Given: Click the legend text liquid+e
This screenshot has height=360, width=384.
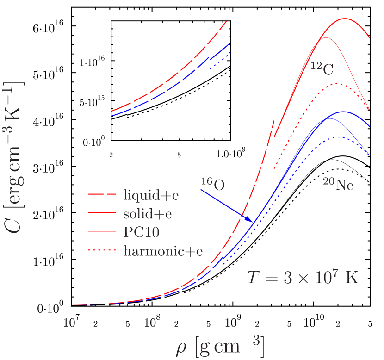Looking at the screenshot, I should pos(151,195).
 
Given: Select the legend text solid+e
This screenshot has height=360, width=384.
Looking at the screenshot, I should pos(148,214).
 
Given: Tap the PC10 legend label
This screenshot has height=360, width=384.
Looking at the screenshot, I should pos(141,232).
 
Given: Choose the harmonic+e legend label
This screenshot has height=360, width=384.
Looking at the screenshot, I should pos(163,251).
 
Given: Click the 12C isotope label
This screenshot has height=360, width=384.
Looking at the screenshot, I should pos(322,68).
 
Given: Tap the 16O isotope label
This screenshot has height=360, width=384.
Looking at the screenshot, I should pos(213,184).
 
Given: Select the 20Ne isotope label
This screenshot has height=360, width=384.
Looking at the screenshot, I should pos(338,184).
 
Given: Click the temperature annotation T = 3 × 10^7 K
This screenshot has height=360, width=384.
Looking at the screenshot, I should pos(303,278).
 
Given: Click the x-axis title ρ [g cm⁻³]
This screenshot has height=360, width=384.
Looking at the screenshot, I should pos(220,347).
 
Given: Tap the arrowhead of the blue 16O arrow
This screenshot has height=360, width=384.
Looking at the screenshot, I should pos(252,221).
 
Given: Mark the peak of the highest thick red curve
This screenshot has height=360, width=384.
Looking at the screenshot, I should pos(345,19).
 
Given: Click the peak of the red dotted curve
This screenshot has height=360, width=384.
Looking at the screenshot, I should pos(338,84).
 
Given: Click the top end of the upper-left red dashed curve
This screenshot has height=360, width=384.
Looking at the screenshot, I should pos(226,21).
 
